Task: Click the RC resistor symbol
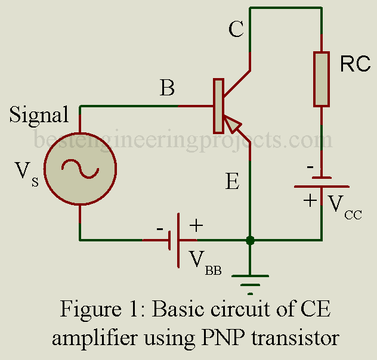(322, 79)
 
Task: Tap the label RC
(355, 65)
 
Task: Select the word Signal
(39, 114)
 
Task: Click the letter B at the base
(168, 89)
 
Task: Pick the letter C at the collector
(236, 30)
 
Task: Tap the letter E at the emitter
(233, 181)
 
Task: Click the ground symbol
(251, 280)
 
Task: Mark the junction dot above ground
(251, 241)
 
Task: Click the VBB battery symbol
(175, 241)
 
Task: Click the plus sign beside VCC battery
(310, 200)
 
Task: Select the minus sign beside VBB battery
(159, 229)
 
